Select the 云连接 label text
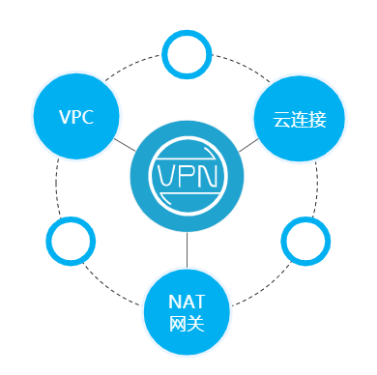coord(300,120)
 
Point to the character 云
coord(281,120)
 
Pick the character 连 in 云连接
coord(300,120)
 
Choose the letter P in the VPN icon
coord(188,177)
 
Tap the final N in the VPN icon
coord(209,177)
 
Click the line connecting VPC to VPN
coord(123,145)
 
